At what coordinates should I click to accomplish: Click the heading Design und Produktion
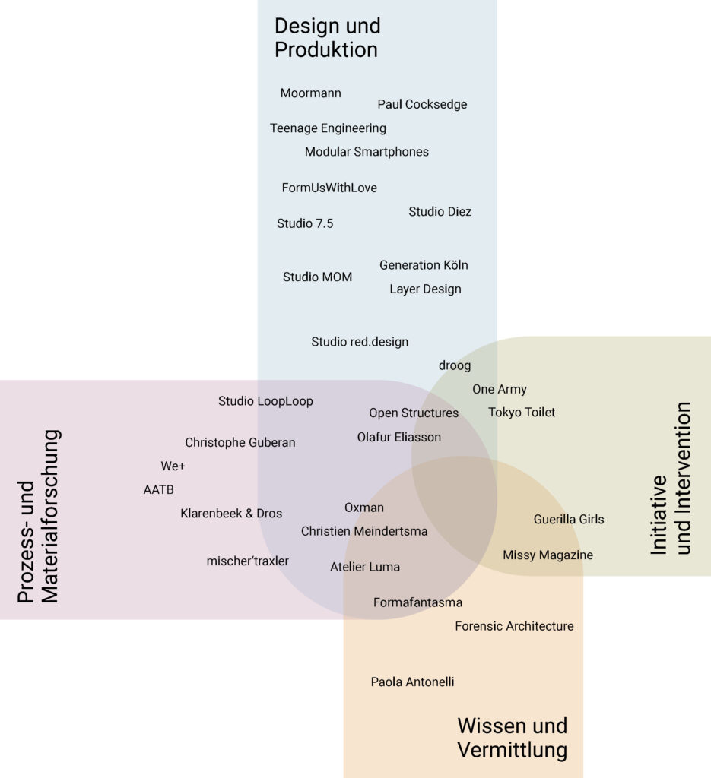327,38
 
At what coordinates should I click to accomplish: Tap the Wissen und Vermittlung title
512,738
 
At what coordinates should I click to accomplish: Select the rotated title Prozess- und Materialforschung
38,516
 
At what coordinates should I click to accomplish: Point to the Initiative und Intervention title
670,478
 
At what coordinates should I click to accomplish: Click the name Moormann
311,93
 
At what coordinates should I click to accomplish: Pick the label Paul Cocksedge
422,105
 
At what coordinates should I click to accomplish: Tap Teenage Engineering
329,128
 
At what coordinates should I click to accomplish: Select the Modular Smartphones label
367,152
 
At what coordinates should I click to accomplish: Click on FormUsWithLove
329,188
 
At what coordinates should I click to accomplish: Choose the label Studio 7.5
305,224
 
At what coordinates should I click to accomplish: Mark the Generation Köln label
424,265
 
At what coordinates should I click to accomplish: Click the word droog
455,365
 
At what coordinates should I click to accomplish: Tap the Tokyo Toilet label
522,413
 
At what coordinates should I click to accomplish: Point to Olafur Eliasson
399,437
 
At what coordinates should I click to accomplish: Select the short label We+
173,466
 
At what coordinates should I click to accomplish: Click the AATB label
159,490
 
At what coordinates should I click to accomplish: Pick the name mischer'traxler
248,561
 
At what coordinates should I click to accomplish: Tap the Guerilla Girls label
569,520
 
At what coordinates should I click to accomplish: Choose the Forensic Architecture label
514,626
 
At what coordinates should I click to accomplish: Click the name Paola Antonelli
413,682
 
